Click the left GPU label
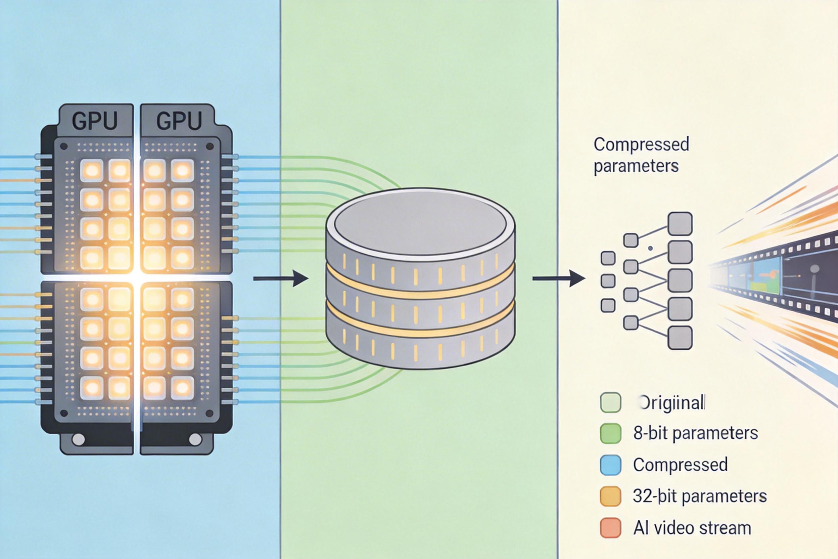pos(94,121)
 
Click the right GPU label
pos(179,121)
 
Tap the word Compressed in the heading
pos(641,144)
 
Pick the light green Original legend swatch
pos(611,402)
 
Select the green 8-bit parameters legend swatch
pos(611,433)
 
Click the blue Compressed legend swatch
pos(611,465)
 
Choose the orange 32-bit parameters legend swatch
pos(611,496)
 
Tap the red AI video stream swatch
pos(611,528)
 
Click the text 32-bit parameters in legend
pos(700,496)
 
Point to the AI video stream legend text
pos(692,528)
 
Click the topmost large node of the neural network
pos(680,224)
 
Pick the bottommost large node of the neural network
pos(680,337)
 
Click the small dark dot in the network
pos(650,248)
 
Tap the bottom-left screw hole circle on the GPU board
pos(78,439)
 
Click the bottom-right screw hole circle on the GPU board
pos(195,439)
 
